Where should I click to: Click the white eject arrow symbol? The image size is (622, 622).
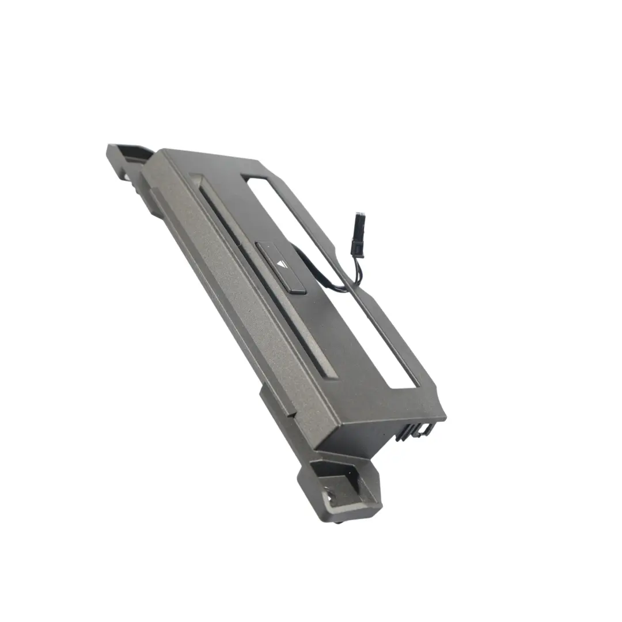pos(281,264)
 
